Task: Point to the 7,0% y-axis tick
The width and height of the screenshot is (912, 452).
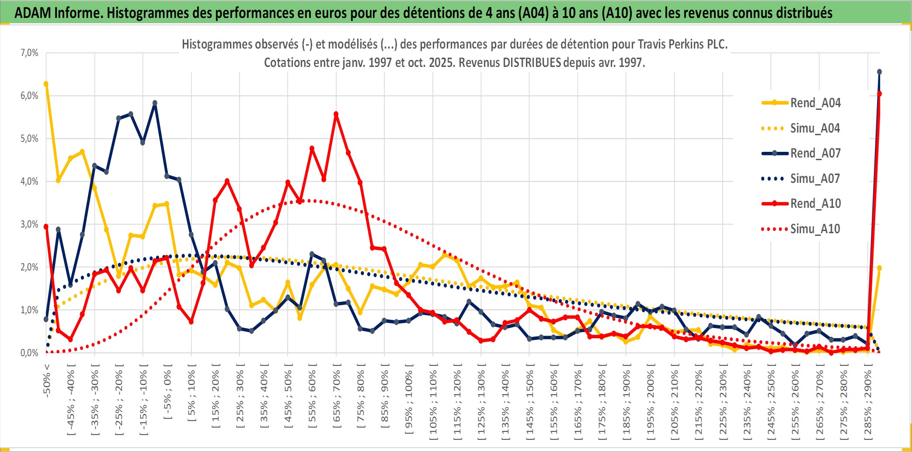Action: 29,53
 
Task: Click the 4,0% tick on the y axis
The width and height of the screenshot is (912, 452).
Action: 29,182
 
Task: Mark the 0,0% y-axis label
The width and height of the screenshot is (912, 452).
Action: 29,353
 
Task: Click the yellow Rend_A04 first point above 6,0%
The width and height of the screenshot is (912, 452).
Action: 46,84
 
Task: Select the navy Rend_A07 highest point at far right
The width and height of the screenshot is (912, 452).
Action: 879,72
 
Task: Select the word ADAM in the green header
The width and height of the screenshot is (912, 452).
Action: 33,13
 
